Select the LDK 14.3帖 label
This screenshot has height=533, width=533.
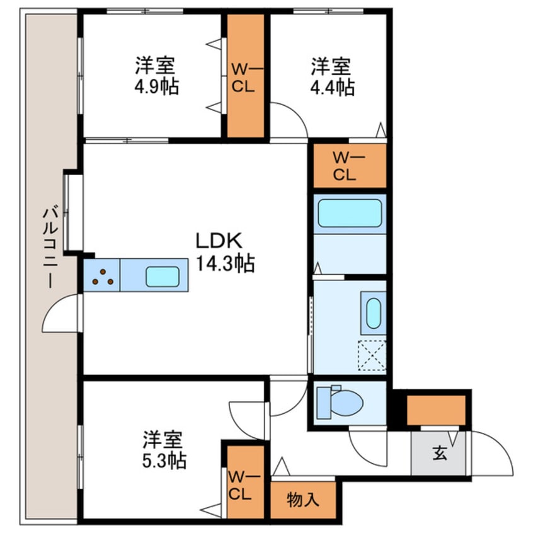tap(224, 252)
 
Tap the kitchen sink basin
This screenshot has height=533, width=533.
tap(163, 277)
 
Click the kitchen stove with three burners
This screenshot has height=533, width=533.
tap(101, 276)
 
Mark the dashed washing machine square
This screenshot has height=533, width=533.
tap(372, 356)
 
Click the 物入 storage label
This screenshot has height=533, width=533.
tap(302, 500)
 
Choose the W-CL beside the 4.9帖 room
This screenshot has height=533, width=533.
tap(244, 77)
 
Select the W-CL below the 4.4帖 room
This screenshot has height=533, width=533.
tap(349, 166)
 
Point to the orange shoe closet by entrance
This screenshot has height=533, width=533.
tap(436, 410)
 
